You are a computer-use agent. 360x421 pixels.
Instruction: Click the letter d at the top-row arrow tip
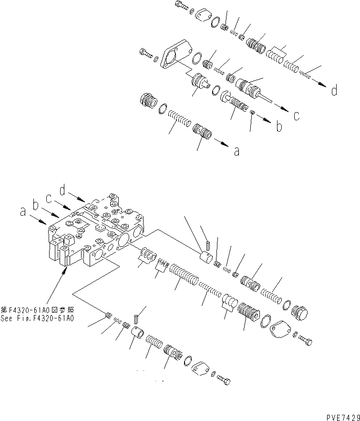(x=335, y=90)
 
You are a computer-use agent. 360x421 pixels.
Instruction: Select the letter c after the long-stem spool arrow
(x=296, y=115)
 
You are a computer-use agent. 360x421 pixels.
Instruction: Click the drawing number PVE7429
(x=339, y=416)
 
